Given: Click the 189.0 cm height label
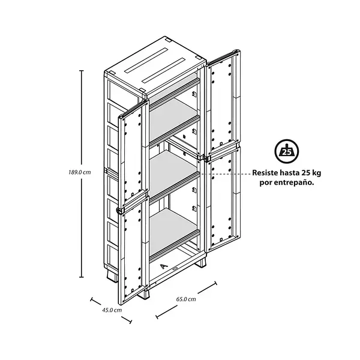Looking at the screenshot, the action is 80,172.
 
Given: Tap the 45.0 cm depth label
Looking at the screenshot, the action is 112,310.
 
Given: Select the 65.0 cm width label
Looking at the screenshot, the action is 186,299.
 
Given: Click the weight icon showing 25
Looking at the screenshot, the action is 287,151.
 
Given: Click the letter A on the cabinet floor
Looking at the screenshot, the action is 163,266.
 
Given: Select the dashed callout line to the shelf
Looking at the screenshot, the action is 226,174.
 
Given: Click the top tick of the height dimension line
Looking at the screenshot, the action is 81,71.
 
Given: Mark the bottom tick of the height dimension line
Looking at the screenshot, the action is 81,277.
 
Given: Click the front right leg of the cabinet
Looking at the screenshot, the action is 201,262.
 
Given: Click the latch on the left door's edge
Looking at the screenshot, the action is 119,211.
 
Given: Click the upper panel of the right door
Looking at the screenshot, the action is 222,103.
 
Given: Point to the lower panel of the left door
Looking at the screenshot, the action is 133,250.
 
